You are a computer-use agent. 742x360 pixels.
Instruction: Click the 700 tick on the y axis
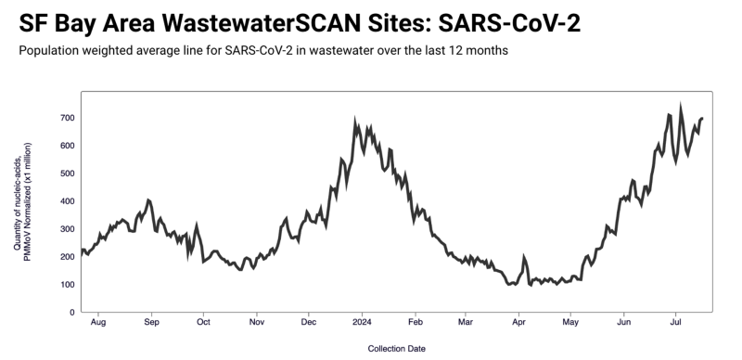point(68,118)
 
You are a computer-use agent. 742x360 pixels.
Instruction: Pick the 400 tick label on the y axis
point(68,201)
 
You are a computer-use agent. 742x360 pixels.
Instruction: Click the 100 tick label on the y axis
point(68,285)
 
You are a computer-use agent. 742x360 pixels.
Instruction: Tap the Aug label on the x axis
point(100,324)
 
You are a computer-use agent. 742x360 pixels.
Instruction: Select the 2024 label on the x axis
point(362,324)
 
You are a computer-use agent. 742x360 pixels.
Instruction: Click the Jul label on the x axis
point(677,324)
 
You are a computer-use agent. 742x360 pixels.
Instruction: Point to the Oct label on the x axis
point(204,324)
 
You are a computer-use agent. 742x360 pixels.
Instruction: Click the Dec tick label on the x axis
point(309,324)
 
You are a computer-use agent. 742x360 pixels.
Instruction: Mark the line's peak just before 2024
point(355,122)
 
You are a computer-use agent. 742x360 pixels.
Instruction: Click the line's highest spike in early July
point(681,109)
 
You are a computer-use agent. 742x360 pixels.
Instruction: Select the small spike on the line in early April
point(524,257)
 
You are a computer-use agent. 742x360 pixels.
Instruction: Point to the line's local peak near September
point(148,199)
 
